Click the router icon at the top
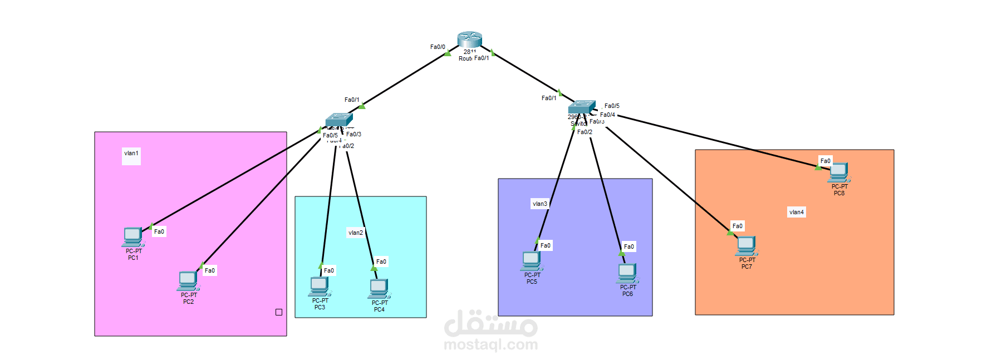point(469,40)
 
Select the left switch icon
point(339,119)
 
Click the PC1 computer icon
point(132,236)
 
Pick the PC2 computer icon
point(188,281)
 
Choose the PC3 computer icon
point(320,287)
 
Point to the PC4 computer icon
point(379,289)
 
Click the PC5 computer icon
point(532,261)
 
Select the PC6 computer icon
point(627,273)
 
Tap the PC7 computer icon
point(747,246)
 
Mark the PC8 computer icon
point(839,172)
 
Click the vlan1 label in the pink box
point(131,154)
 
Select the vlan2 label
point(355,233)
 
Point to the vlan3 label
point(540,204)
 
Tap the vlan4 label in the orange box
point(797,212)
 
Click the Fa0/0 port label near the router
point(438,47)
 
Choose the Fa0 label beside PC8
point(826,161)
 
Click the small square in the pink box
point(279,312)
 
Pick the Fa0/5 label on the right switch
point(612,106)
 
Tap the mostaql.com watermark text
point(491,345)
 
